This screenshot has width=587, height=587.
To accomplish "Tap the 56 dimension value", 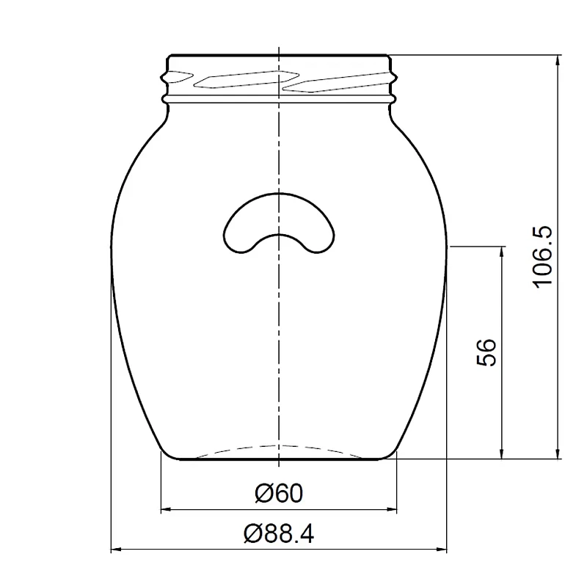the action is (x=486, y=352).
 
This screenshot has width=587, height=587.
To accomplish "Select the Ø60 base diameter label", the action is (x=279, y=493).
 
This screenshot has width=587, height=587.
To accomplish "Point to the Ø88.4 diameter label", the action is (x=279, y=533).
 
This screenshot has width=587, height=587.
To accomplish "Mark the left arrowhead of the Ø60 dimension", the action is (x=166, y=509).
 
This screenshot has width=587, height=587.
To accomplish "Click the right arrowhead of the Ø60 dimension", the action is (x=392, y=509).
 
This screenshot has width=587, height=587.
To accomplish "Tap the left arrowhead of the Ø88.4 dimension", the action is (x=116, y=550).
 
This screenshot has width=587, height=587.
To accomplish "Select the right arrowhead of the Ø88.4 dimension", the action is (x=442, y=550).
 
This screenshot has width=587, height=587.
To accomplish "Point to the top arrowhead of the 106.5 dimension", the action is (x=558, y=60).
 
